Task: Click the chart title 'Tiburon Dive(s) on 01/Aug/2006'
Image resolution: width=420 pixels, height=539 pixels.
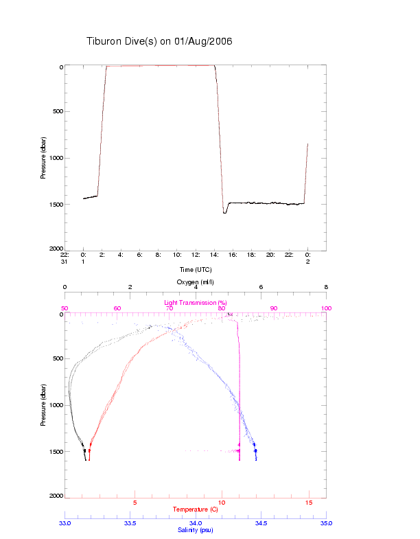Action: (x=159, y=41)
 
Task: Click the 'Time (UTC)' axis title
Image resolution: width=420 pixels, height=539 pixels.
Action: (x=196, y=269)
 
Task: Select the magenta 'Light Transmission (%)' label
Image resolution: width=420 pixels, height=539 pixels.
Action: (x=196, y=302)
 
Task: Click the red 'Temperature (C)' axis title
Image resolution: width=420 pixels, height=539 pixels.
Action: (x=196, y=509)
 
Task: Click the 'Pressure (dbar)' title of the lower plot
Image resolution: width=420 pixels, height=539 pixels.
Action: (x=43, y=405)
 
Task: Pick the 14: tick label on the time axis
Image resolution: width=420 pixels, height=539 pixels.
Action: (x=214, y=255)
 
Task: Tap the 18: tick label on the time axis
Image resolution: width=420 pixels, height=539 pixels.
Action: (x=252, y=255)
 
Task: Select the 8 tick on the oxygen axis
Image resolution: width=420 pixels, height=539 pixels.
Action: (x=326, y=288)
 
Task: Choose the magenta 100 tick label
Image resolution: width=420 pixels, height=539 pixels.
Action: (x=326, y=308)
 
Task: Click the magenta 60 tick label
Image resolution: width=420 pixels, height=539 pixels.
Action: (x=117, y=308)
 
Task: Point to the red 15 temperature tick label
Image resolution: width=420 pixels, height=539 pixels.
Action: (x=309, y=503)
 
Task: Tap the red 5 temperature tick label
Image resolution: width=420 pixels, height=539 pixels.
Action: (x=135, y=503)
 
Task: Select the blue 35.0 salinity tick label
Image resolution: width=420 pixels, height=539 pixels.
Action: (x=326, y=523)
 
